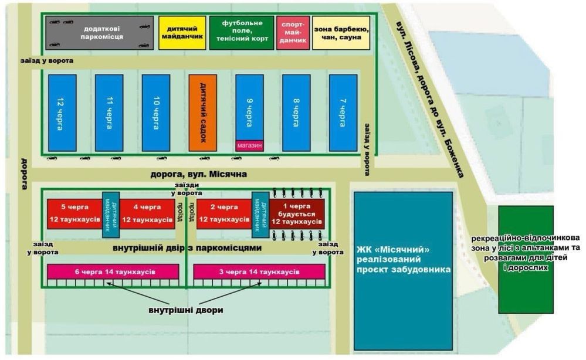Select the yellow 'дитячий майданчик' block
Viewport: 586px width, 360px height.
(x=182, y=33)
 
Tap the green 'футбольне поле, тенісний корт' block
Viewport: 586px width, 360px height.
(x=241, y=33)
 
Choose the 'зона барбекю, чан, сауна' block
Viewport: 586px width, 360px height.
(x=341, y=33)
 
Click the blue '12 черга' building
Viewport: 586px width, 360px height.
(x=62, y=112)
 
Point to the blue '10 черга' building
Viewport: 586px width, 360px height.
(x=155, y=112)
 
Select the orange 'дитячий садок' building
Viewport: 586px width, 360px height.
(x=202, y=112)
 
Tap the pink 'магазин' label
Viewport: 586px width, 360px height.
(x=249, y=145)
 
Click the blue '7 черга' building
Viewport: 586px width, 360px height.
(x=343, y=112)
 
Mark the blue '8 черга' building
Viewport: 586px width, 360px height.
(x=296, y=112)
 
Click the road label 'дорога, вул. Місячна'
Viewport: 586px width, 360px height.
(x=199, y=174)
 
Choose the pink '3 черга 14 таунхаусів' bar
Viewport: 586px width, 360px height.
(x=259, y=272)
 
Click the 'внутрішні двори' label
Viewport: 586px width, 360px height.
(x=185, y=309)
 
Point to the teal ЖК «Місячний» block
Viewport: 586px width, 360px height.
(x=402, y=270)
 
